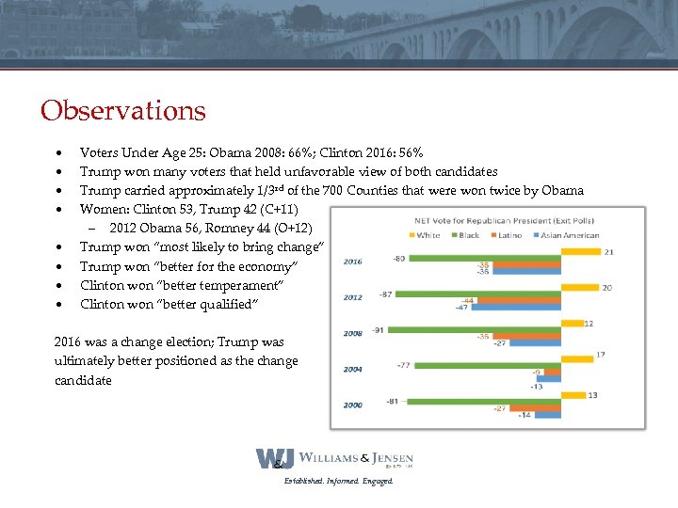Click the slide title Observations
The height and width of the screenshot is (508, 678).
pyautogui.click(x=122, y=110)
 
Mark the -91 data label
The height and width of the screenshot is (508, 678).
pyautogui.click(x=379, y=329)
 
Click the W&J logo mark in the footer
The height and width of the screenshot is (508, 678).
pyautogui.click(x=275, y=459)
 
